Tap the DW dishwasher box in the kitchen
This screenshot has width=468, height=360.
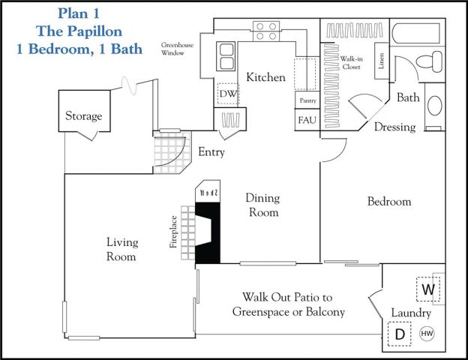coord(227,94)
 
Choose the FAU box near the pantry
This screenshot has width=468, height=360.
coord(306,121)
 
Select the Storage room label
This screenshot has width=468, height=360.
coord(83,116)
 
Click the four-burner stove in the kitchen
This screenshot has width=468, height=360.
coord(266,31)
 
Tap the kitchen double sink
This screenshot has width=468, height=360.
coord(226,57)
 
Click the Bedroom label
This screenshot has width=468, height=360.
coord(389,202)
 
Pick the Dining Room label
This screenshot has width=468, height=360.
coord(262,205)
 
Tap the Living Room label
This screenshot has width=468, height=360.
coord(121,249)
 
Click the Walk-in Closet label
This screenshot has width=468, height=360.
coord(351,63)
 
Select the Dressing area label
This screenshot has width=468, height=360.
coord(394,127)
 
